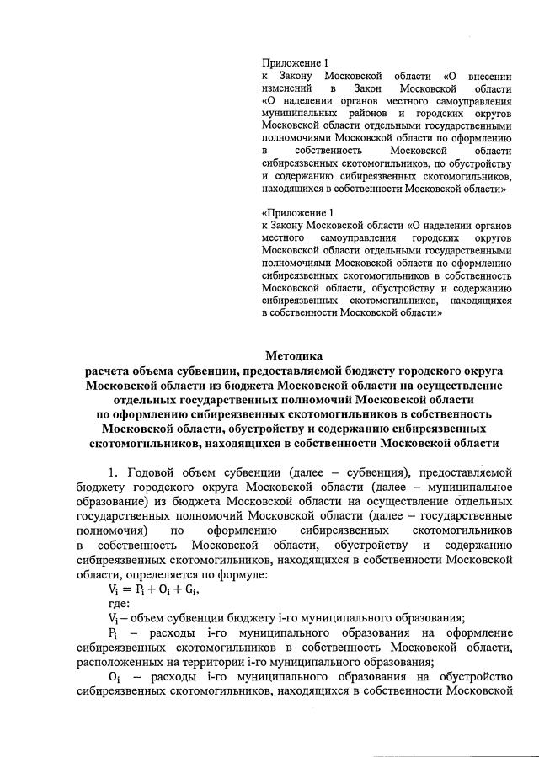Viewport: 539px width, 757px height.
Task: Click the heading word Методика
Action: pos(294,355)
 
